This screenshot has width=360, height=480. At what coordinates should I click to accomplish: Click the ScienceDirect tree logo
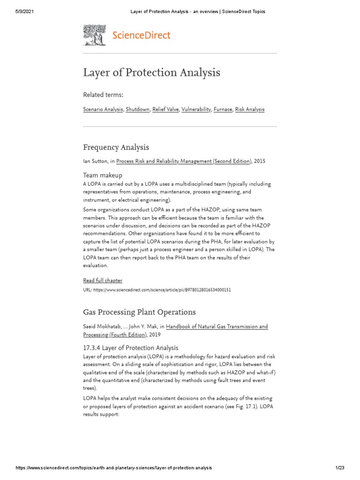pyautogui.click(x=95, y=35)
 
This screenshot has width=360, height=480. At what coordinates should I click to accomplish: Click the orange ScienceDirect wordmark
pyautogui.click(x=141, y=35)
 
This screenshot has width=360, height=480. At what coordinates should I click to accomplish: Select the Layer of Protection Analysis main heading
pyautogui.click(x=151, y=73)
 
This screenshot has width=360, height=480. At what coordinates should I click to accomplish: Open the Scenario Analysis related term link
pyautogui.click(x=103, y=109)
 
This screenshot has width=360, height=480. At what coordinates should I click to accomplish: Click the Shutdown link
pyautogui.click(x=138, y=109)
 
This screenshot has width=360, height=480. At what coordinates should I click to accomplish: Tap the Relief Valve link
pyautogui.click(x=165, y=109)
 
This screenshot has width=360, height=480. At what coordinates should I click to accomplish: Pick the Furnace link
pyautogui.click(x=223, y=109)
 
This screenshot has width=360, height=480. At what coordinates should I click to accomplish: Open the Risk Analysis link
pyautogui.click(x=250, y=109)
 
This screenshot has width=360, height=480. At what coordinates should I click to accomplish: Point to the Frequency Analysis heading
pyautogui.click(x=116, y=147)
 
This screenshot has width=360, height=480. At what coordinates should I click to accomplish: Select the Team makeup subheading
pyautogui.click(x=103, y=175)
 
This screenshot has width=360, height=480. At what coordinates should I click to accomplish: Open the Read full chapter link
pyautogui.click(x=103, y=280)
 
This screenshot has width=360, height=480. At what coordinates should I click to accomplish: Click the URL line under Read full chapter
pyautogui.click(x=157, y=290)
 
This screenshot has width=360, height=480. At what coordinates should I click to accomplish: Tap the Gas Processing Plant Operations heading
pyautogui.click(x=139, y=312)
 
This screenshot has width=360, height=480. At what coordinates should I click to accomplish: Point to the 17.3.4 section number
pyautogui.click(x=91, y=348)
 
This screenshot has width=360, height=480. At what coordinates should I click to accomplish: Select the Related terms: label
pyautogui.click(x=103, y=95)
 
